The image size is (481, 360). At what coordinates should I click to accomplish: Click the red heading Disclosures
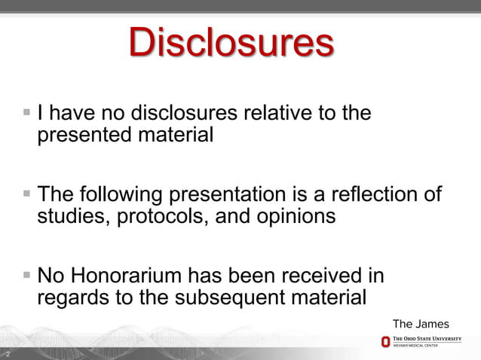pyautogui.click(x=231, y=44)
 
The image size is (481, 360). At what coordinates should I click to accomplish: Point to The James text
pyautogui.click(x=421, y=324)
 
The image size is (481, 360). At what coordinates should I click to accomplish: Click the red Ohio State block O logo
pyautogui.click(x=385, y=343)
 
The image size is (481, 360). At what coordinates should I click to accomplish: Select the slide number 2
pyautogui.click(x=8, y=353)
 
